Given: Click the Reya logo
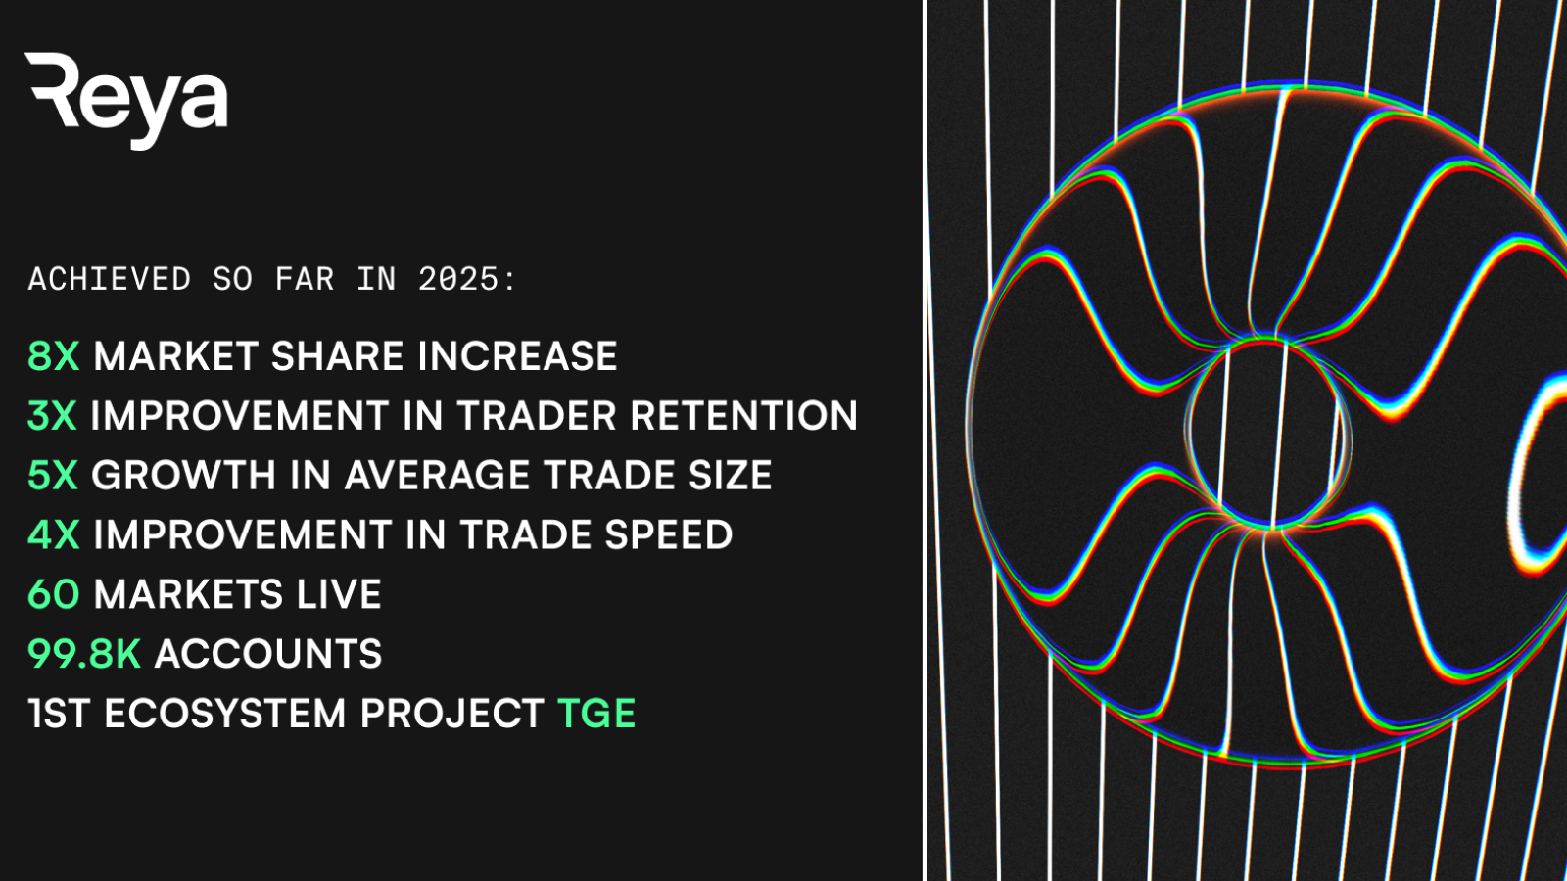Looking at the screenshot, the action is [126, 101].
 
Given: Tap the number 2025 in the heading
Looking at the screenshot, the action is [458, 280].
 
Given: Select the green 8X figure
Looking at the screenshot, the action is [54, 356].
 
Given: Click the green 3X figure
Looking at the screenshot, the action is [52, 415].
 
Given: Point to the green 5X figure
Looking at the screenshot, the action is [53, 476].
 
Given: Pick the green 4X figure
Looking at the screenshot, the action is [54, 534].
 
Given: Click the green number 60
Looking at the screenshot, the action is [54, 594].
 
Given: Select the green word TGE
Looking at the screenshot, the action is [596, 714].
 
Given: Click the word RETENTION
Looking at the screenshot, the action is [744, 415].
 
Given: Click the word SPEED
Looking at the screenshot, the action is [668, 534].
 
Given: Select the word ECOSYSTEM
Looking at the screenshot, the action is [225, 714].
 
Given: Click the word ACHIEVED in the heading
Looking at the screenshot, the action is [109, 280].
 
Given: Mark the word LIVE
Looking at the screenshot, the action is [339, 594].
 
